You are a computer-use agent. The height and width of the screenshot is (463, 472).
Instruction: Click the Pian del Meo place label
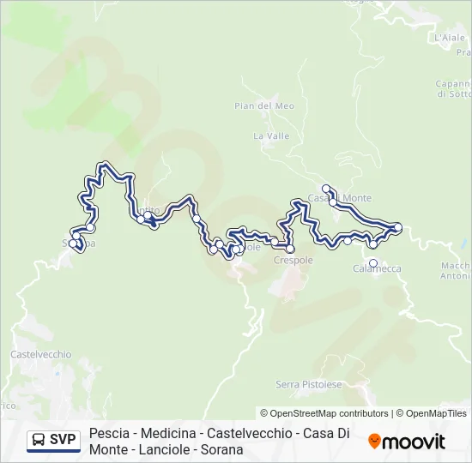tap(252, 105)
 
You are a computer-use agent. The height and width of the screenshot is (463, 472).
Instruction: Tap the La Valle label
tap(271, 135)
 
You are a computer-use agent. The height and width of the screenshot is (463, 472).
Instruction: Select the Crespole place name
tap(293, 260)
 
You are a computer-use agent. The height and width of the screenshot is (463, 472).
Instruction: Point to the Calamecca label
tap(377, 268)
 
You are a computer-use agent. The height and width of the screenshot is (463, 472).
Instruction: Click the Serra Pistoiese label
tap(308, 383)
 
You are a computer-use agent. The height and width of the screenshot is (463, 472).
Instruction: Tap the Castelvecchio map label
tap(40, 354)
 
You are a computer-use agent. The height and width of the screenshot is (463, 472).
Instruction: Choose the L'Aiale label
tap(450, 38)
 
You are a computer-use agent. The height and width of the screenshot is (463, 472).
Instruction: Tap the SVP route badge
tap(53, 441)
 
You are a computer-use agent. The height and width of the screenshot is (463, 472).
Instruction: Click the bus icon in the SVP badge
tap(39, 441)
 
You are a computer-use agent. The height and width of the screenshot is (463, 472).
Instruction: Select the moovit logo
tap(407, 442)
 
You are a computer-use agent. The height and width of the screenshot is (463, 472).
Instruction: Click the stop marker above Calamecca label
tap(373, 244)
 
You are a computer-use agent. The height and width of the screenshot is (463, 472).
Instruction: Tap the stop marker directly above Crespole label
tap(290, 249)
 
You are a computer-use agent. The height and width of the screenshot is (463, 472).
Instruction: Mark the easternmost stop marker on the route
tap(397, 226)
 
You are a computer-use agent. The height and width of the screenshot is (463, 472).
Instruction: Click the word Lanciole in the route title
tap(172, 449)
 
